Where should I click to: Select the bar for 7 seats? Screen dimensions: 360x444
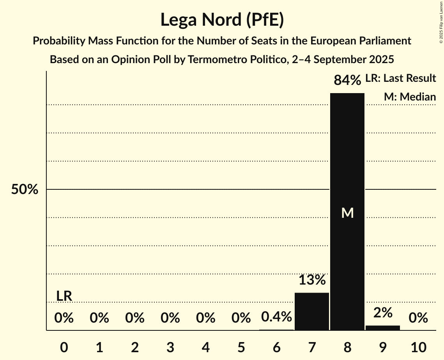click(x=311, y=311)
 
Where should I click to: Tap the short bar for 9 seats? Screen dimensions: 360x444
click(x=382, y=328)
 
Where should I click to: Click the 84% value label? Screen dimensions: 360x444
click(x=347, y=80)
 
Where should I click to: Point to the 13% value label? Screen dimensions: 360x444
click(x=311, y=280)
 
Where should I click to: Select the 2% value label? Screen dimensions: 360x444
click(x=382, y=312)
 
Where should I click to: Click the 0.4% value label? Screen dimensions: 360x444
click(x=276, y=317)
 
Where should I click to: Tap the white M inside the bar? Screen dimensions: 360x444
click(x=347, y=213)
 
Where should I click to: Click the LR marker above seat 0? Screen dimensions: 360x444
click(x=64, y=296)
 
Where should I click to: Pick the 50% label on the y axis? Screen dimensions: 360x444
click(x=25, y=190)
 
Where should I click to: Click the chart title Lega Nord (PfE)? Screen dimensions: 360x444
click(x=222, y=20)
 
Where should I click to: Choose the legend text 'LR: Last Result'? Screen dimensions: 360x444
click(x=400, y=78)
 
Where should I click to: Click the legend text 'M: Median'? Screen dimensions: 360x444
click(x=410, y=97)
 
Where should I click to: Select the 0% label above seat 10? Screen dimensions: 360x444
click(x=418, y=318)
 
